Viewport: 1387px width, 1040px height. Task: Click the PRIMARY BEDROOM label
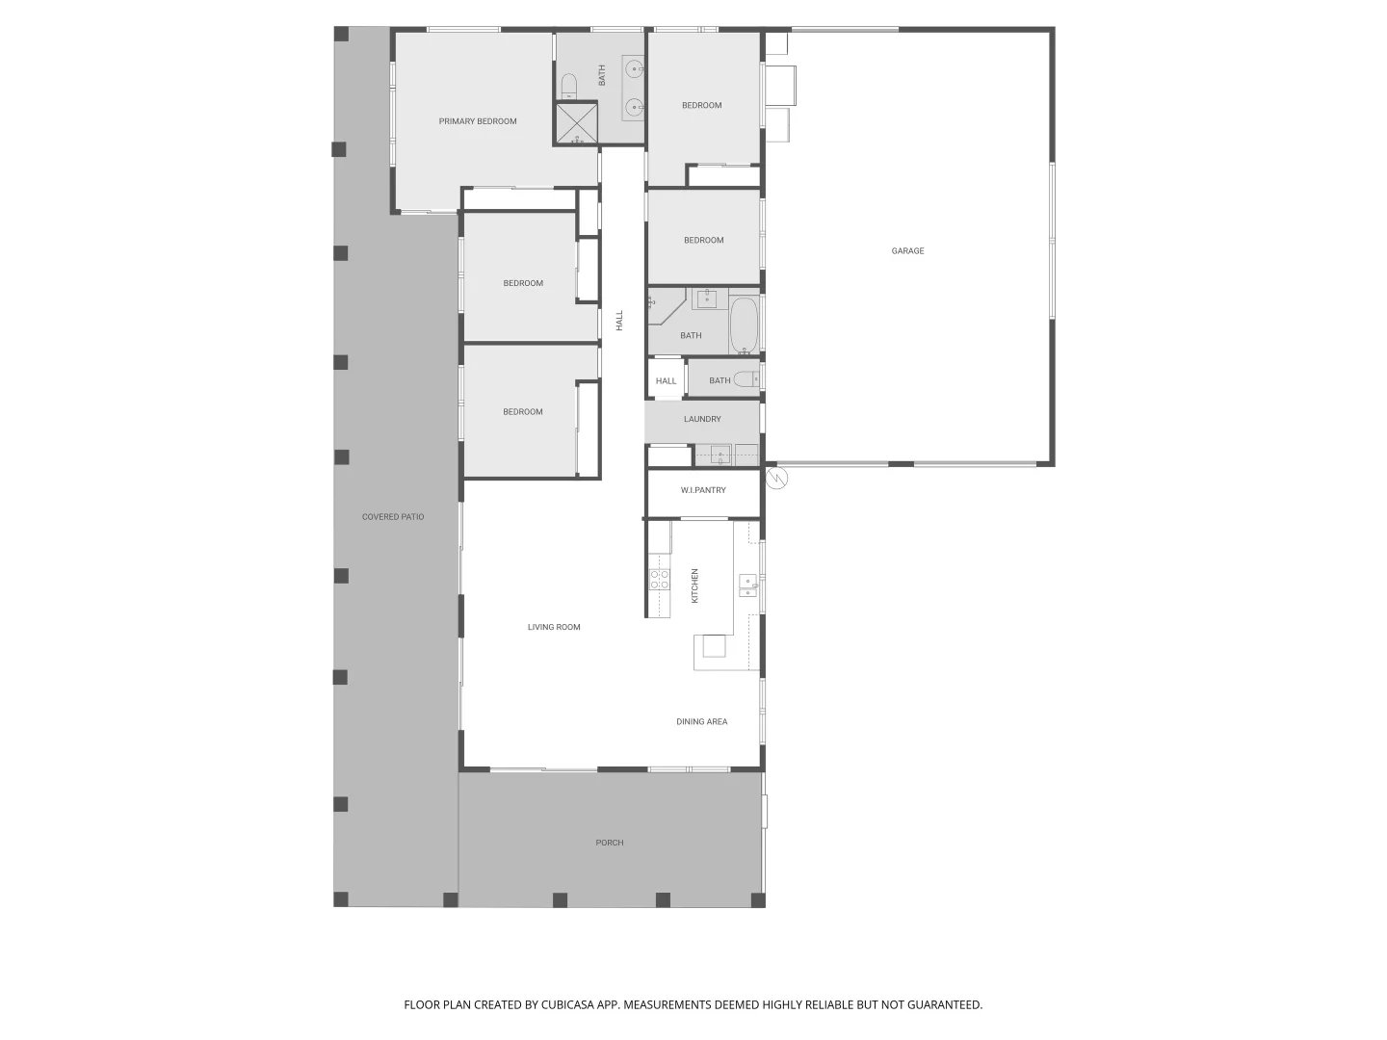(x=478, y=121)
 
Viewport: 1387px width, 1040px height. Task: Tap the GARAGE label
(x=907, y=251)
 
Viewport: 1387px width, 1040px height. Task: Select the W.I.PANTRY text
(x=703, y=491)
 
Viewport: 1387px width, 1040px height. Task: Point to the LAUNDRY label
(x=702, y=420)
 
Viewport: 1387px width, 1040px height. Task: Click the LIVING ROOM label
(x=554, y=628)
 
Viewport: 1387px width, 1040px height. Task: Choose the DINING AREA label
(x=701, y=722)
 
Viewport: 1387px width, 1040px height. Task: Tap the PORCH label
(x=609, y=844)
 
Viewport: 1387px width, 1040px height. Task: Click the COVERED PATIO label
(x=393, y=518)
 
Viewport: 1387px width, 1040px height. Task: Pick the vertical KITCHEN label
(x=695, y=585)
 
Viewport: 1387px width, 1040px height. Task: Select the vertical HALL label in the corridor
(x=619, y=321)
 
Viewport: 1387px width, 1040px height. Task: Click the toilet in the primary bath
(x=568, y=86)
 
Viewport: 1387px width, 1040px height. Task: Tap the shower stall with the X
(x=576, y=122)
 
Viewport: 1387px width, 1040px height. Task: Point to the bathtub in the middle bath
(x=744, y=325)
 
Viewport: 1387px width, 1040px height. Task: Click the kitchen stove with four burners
(x=660, y=579)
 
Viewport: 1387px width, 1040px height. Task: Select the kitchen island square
(x=713, y=645)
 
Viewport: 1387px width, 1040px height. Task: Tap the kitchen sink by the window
(x=747, y=585)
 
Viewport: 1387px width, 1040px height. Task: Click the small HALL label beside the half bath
(x=666, y=381)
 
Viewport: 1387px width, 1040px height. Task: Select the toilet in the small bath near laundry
(x=746, y=380)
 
